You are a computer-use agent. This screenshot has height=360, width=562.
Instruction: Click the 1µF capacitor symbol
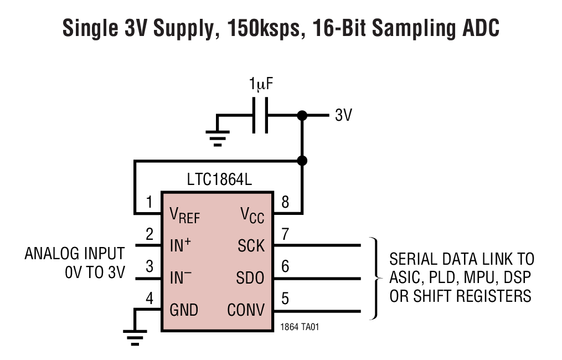pyautogui.click(x=260, y=116)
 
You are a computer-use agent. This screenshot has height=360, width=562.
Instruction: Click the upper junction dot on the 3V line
pyautogui.click(x=302, y=116)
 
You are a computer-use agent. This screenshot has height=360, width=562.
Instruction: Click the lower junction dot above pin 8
pyautogui.click(x=302, y=161)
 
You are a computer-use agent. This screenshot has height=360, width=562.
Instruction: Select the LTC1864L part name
pyautogui.click(x=216, y=181)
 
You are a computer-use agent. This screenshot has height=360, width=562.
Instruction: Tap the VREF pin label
pyautogui.click(x=184, y=215)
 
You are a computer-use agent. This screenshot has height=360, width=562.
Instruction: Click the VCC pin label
pyautogui.click(x=252, y=215)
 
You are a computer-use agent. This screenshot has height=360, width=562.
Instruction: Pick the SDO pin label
pyautogui.click(x=250, y=277)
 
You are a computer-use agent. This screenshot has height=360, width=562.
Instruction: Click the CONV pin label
pyautogui.click(x=246, y=310)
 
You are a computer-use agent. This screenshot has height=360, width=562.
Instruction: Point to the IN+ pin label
pyautogui.click(x=181, y=245)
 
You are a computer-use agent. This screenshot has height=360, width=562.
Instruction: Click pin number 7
pyautogui.click(x=285, y=234)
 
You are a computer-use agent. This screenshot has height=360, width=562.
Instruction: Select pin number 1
pyautogui.click(x=149, y=203)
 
